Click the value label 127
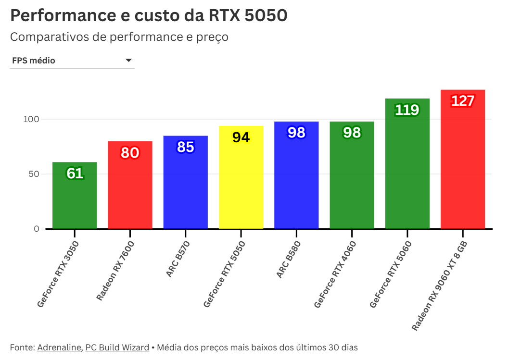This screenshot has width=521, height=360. [463, 101]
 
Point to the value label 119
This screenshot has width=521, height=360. [407, 110]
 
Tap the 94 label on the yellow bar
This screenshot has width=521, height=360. [241, 137]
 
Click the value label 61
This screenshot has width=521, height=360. [75, 174]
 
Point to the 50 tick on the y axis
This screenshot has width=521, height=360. [33, 174]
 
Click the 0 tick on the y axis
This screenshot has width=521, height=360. [37, 229]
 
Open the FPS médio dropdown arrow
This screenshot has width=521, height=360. [128, 61]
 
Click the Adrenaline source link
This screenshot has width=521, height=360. [59, 348]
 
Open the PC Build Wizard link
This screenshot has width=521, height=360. [117, 348]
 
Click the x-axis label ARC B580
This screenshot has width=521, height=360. [292, 260]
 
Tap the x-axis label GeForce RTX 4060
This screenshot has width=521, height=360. [335, 274]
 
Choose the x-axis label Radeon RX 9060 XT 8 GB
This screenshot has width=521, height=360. [439, 286]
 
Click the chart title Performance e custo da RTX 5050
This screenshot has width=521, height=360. [149, 15]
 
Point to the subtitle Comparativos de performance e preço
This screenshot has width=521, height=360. [119, 37]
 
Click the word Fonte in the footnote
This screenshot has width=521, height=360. [21, 348]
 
